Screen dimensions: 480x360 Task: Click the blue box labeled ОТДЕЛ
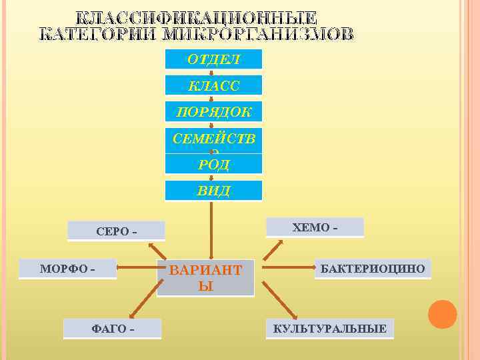pyautogui.click(x=213, y=59)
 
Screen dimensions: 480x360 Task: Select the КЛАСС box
pyautogui.click(x=213, y=85)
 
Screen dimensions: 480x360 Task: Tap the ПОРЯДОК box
pyautogui.click(x=213, y=111)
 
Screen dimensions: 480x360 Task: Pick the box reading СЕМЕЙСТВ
pyautogui.click(x=213, y=139)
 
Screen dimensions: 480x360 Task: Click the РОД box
pyautogui.click(x=213, y=164)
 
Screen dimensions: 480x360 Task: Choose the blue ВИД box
pyautogui.click(x=213, y=191)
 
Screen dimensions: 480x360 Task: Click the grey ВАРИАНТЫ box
pyautogui.click(x=206, y=278)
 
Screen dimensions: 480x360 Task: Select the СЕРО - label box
pyautogui.click(x=117, y=231)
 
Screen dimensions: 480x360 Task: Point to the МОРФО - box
pyautogui.click(x=67, y=269)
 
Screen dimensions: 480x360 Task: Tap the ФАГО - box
pyautogui.click(x=112, y=329)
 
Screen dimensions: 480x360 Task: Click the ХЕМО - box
pyautogui.click(x=315, y=227)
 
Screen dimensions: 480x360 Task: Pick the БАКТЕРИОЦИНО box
pyautogui.click(x=373, y=269)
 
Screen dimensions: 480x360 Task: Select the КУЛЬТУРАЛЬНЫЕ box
pyautogui.click(x=329, y=329)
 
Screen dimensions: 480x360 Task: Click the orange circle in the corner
pyautogui.click(x=442, y=314)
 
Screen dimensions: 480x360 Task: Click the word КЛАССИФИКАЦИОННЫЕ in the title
pyautogui.click(x=195, y=18)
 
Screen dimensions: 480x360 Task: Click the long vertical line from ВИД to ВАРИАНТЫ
pyautogui.click(x=211, y=230)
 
